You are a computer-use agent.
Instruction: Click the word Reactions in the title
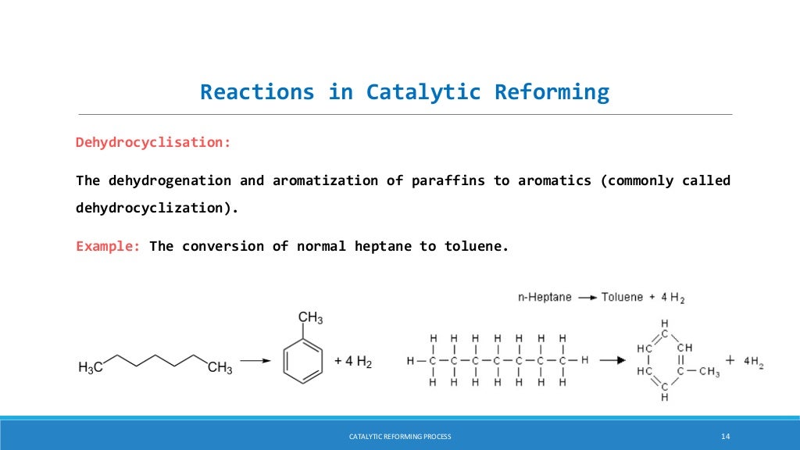coord(256,92)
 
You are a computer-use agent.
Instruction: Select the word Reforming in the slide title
coord(552,92)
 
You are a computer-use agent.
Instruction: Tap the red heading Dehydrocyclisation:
coord(153,142)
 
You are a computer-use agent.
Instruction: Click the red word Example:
coord(108,246)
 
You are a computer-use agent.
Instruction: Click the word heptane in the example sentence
coord(384,246)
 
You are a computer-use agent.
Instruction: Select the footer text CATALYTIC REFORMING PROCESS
coord(400,436)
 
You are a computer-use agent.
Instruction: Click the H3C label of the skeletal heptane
coord(91,367)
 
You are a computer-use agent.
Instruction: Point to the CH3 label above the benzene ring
coord(310,318)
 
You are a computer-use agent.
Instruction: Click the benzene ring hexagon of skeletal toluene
coord(302,360)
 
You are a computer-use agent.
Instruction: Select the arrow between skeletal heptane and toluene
coord(255,361)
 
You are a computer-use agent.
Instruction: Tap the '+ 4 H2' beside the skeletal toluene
coord(352,362)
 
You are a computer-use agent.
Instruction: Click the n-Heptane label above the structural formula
coord(545,297)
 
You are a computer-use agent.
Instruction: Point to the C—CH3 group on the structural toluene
coord(698,372)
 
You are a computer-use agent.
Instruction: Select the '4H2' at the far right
coord(753,362)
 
